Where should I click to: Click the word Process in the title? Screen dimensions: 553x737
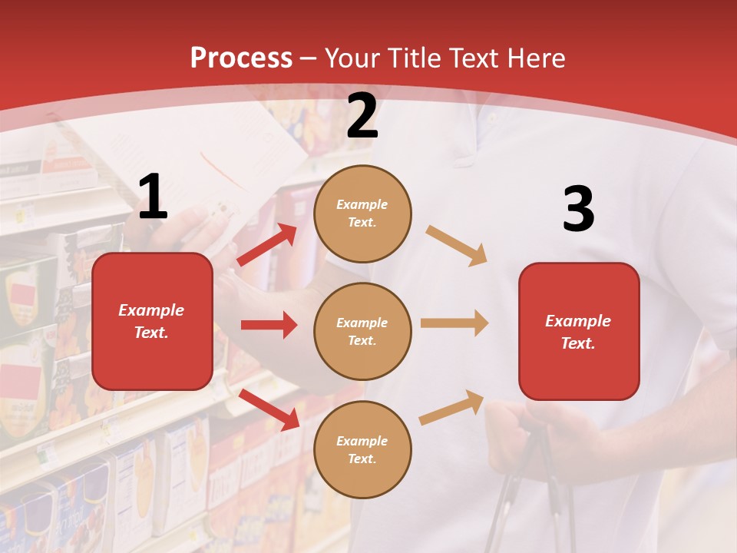[x=241, y=58]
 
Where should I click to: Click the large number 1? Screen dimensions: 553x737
[x=153, y=197]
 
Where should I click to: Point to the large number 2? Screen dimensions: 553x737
[x=362, y=117]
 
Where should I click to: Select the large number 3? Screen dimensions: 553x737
[x=578, y=209]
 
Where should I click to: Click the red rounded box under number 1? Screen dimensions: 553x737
[x=152, y=321]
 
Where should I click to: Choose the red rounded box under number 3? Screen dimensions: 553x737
[x=579, y=331]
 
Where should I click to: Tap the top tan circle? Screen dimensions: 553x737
[x=362, y=214]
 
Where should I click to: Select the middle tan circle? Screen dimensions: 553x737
[x=362, y=331]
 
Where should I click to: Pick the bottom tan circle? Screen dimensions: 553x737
[x=362, y=449]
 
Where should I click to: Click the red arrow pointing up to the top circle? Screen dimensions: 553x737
[x=267, y=245]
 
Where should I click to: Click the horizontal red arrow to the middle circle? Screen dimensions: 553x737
[x=269, y=325]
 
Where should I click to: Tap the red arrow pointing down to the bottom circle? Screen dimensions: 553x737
[x=269, y=409]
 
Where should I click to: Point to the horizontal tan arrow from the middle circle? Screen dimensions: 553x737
[x=454, y=323]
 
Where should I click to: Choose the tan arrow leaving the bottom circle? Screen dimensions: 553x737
[x=451, y=408]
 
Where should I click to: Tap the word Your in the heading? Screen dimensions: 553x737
[x=352, y=58]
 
